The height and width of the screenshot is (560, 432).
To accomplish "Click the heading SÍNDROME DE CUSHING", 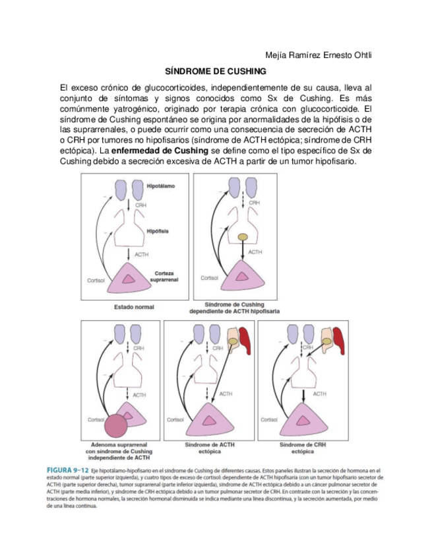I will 215,71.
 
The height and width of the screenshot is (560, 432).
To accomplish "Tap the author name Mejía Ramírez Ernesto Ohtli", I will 318,54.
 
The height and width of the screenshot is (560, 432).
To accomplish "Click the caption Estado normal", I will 135,307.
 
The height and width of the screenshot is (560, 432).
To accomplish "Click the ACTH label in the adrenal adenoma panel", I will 140,395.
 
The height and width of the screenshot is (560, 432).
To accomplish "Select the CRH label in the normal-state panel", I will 140,206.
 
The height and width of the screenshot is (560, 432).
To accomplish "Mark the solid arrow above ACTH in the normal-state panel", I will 127,253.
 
